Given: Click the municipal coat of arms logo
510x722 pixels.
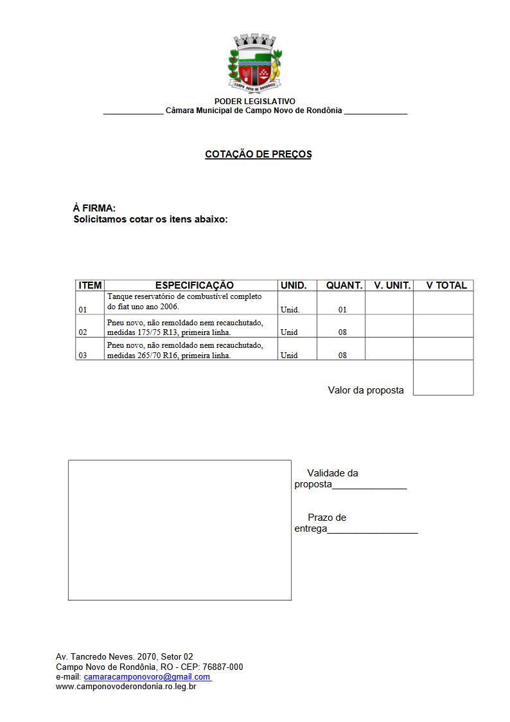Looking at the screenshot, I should pos(255,62).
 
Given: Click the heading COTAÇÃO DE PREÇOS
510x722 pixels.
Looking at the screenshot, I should pos(258,154).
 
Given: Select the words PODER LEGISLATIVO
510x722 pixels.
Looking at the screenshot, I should pos(255,102).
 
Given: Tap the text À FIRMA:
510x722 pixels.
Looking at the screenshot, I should pos(94,208).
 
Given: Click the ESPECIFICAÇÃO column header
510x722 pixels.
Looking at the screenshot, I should pos(194,285).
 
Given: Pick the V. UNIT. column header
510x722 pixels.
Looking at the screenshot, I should pos(392,285).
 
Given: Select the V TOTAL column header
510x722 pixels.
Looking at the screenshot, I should pos(446,285).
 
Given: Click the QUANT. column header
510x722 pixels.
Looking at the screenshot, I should pos(344,285).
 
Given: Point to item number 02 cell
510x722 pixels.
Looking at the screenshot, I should pos(83,332).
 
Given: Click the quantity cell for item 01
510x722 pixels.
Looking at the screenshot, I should pos(342,309).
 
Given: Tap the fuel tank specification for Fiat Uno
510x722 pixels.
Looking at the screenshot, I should pos(184,302).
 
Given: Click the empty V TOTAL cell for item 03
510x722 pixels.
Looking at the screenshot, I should pos(443,349).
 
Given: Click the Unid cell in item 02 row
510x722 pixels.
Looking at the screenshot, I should pos(289,332).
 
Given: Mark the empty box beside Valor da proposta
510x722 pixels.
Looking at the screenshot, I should pos(443,378).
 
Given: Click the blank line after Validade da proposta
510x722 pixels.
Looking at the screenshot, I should pos(369,485).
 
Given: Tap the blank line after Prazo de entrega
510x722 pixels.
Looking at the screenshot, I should pos(373,530).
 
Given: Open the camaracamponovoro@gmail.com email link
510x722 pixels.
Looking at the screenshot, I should pos(146,677).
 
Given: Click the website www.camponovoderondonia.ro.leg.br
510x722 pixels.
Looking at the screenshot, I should pos(126,687).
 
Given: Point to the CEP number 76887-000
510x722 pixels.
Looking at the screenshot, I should pos(222,667).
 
